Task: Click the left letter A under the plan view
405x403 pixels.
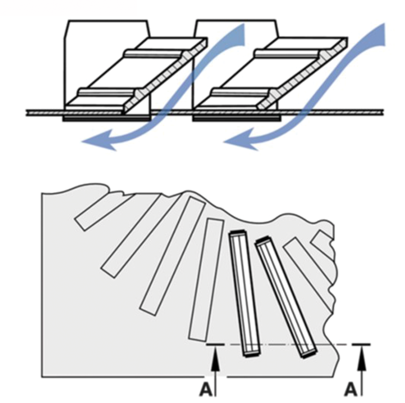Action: (206, 390)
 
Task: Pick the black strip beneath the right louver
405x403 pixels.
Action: (236, 119)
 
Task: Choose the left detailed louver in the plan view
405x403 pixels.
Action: (244, 294)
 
